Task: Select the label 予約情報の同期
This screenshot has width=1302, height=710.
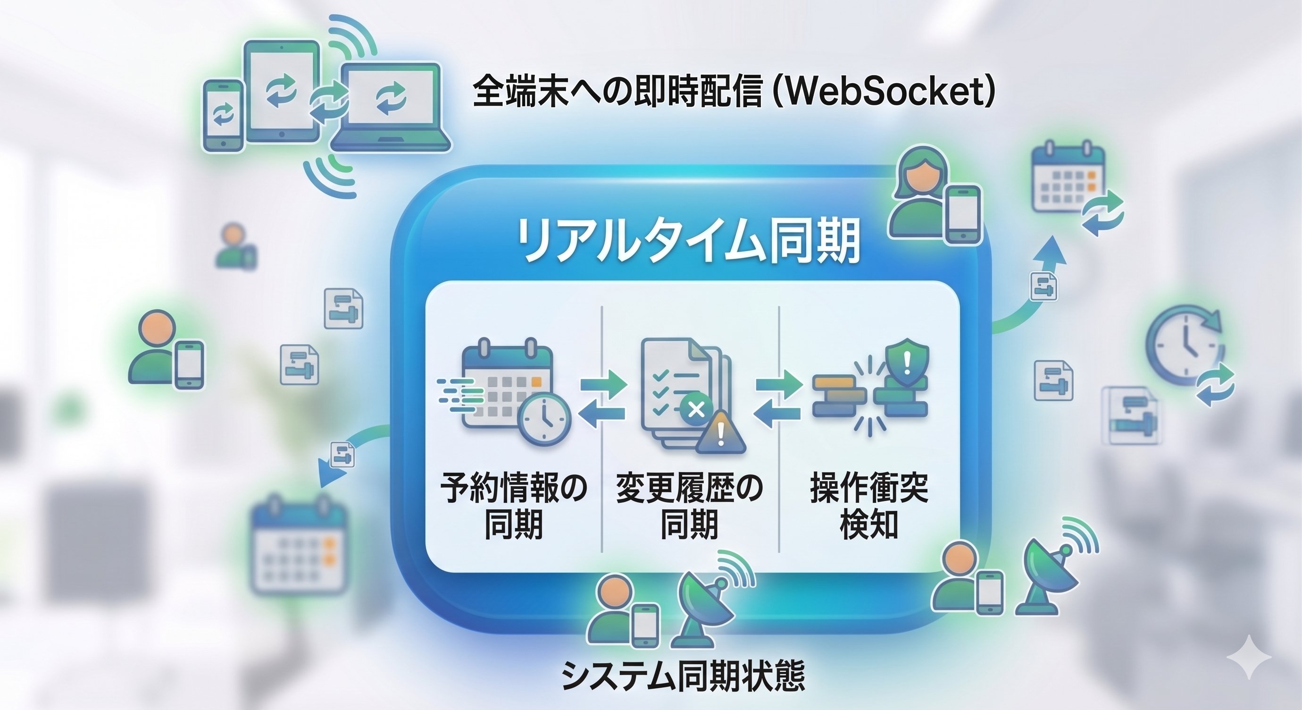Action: [x=514, y=506]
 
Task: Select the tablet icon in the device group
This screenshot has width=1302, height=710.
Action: [x=282, y=91]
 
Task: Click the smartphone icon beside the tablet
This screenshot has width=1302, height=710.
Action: [x=224, y=115]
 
